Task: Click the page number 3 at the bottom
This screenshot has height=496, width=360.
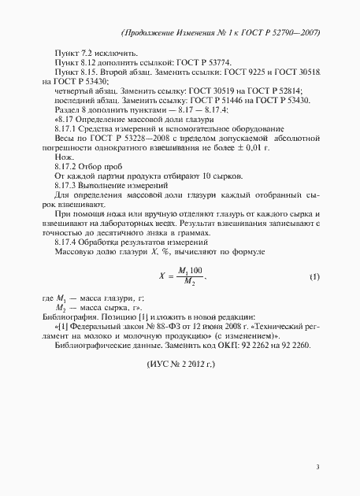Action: tap(317, 467)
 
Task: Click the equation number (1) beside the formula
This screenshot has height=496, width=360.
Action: tap(314, 278)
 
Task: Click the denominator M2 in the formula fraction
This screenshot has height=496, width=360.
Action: tap(187, 284)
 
